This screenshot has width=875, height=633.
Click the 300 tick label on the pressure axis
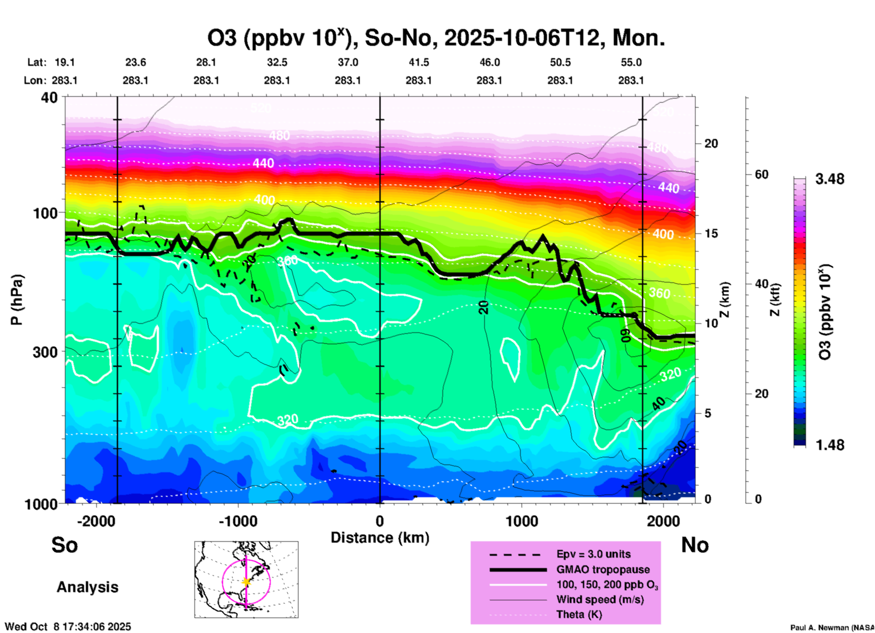coord(45,352)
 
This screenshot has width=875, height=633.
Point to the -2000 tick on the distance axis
coord(96,521)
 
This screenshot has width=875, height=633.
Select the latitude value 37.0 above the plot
coord(348,62)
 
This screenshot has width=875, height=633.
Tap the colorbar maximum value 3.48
coord(830,179)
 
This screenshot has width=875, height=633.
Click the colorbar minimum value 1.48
coord(830,445)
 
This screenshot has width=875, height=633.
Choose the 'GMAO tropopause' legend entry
coord(603,569)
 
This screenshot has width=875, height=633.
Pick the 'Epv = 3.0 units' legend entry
coord(593,554)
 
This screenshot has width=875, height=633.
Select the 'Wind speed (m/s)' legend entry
coord(600,599)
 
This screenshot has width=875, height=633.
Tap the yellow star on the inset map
coord(246,582)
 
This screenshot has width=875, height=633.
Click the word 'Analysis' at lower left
coord(87,587)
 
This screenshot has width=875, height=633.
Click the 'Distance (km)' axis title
coord(380,538)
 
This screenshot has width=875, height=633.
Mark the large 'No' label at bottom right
coord(695,545)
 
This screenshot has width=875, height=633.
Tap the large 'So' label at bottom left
coord(65,545)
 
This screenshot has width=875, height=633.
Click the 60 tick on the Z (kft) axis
coord(761,174)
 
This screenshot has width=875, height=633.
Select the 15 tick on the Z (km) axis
coord(711,233)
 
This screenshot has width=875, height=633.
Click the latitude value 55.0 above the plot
coord(631,62)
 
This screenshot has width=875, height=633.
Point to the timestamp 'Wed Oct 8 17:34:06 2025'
coord(68,627)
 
